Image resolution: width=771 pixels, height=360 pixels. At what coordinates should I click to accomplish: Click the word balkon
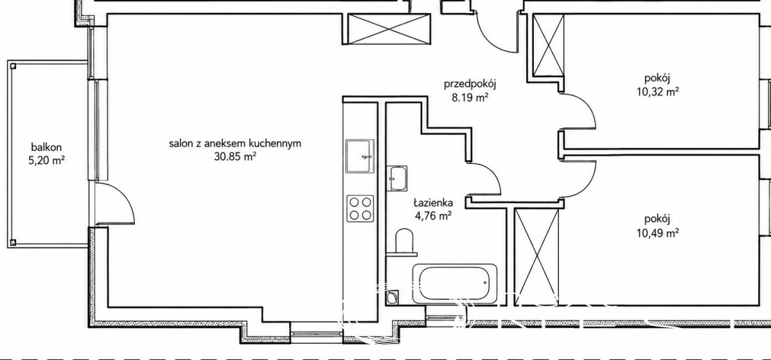[x=46, y=147]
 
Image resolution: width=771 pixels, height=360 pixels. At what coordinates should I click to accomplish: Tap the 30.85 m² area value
[x=235, y=157]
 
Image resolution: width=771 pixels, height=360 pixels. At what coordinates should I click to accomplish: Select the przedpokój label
[x=470, y=84]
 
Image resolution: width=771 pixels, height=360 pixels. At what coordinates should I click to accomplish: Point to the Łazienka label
[x=433, y=203]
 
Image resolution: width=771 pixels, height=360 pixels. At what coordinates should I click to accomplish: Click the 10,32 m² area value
[x=657, y=93]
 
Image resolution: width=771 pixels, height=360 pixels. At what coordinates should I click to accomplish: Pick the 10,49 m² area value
[x=657, y=233]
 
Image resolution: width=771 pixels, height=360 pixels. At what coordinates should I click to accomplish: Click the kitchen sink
[x=360, y=156]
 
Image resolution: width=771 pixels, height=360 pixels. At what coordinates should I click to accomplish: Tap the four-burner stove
[x=360, y=208]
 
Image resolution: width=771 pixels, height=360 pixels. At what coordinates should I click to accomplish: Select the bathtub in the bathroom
[x=455, y=284]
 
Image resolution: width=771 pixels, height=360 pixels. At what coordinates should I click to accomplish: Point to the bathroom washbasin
[x=397, y=178]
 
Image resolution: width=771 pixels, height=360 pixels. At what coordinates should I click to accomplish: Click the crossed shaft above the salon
[x=389, y=29]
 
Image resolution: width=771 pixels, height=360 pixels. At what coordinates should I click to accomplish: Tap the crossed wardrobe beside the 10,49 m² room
[x=536, y=256]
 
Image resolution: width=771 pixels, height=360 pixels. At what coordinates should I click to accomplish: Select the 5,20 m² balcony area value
[x=47, y=161]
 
